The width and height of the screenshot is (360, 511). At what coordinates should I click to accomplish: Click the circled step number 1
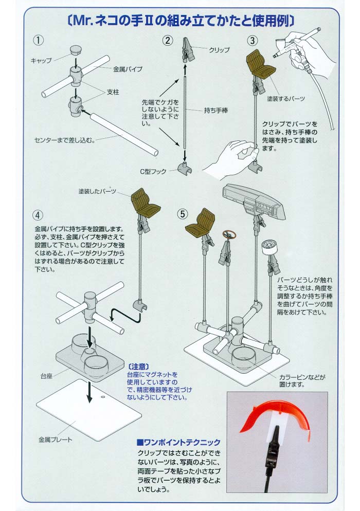38,40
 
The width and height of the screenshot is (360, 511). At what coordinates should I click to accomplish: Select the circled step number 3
252,40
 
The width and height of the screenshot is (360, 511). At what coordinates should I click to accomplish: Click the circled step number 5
182,212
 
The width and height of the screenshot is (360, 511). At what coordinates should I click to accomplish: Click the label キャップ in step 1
42,61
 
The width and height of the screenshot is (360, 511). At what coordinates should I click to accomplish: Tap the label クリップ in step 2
219,50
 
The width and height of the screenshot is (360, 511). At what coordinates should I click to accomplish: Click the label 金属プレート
56,440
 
